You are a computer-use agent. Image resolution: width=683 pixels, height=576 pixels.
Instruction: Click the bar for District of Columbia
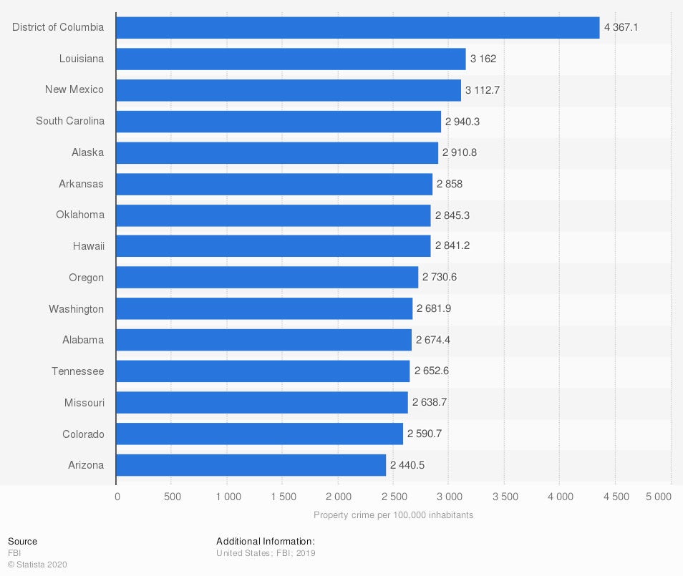(357, 27)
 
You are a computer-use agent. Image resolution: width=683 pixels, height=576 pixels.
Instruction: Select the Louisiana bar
(291, 59)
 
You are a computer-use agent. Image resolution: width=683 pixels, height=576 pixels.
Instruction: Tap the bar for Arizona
(251, 465)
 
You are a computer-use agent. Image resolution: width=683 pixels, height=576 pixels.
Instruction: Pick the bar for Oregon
(267, 278)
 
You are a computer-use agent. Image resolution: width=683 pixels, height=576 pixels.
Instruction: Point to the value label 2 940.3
(462, 122)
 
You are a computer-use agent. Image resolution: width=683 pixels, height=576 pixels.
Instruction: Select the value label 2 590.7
(427, 434)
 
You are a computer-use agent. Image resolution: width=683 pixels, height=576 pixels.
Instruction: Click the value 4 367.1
(621, 27)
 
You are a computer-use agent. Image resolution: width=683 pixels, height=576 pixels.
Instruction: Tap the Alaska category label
(87, 152)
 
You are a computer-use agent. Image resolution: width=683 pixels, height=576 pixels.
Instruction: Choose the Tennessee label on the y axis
(77, 371)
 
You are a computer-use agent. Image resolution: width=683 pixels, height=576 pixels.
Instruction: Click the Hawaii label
(89, 246)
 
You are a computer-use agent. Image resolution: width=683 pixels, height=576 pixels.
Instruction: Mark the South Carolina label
(70, 121)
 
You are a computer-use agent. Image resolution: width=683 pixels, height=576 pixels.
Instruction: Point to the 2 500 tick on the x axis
(394, 497)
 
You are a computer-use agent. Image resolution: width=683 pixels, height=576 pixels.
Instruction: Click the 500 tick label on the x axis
(172, 497)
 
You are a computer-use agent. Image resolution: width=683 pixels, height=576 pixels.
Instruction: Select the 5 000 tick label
(659, 497)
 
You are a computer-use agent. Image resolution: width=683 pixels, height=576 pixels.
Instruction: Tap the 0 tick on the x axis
(117, 497)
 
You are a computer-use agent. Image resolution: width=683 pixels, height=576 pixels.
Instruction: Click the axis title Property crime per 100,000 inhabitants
(393, 515)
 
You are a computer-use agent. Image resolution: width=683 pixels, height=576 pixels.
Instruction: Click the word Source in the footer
(22, 542)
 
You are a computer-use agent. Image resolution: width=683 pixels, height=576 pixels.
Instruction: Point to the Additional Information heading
(266, 542)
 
